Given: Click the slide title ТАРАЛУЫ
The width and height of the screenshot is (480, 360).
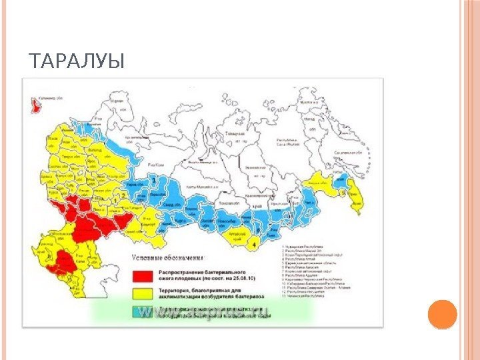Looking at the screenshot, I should click(77, 63).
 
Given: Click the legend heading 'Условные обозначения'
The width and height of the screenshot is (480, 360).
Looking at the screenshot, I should click(172, 256).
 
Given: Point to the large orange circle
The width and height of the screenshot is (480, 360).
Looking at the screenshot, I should click(441, 315).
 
